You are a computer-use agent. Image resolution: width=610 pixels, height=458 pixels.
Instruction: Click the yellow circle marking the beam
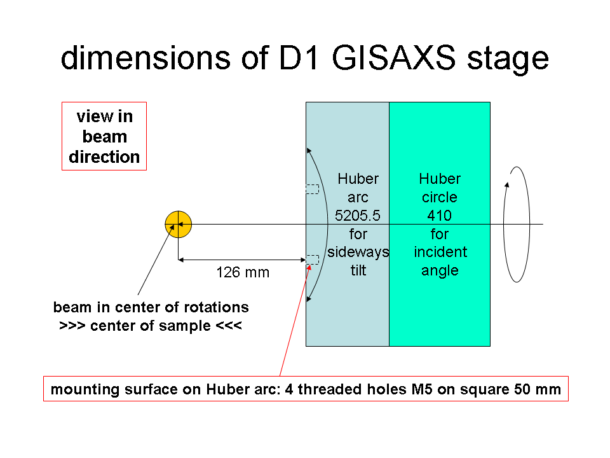click(x=178, y=225)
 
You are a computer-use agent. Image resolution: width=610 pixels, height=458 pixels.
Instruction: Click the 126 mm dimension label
click(x=243, y=272)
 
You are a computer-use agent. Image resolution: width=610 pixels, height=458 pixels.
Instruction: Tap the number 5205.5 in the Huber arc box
click(x=358, y=216)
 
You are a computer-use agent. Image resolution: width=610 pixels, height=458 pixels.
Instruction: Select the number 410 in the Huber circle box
click(x=440, y=216)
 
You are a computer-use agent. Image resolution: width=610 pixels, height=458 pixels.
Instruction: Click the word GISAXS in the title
click(x=393, y=58)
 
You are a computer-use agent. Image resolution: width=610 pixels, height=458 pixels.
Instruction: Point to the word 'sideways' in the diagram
click(x=358, y=252)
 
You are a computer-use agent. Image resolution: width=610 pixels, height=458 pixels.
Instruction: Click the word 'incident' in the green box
click(x=440, y=252)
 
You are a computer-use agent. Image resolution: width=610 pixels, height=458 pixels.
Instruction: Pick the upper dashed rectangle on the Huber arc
click(x=313, y=190)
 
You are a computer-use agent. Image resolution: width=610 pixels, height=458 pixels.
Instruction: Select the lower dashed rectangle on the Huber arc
click(x=313, y=260)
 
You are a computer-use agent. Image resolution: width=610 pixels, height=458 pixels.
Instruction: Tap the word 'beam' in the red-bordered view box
click(x=105, y=137)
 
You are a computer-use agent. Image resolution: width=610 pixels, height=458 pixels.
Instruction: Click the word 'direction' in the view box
click(x=104, y=157)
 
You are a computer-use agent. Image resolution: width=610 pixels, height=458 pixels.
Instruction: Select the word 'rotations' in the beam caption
click(x=216, y=307)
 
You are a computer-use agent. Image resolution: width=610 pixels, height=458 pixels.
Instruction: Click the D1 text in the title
click(x=299, y=58)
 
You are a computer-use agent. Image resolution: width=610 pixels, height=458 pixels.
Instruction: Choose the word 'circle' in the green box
click(x=440, y=197)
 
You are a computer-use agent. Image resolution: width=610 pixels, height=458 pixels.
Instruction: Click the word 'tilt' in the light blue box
click(x=358, y=270)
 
